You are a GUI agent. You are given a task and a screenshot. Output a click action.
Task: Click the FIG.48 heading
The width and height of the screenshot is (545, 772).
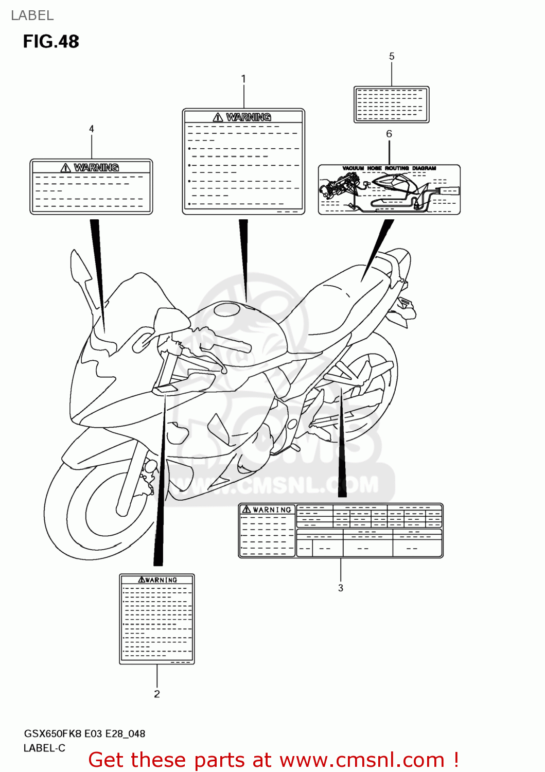(51, 42)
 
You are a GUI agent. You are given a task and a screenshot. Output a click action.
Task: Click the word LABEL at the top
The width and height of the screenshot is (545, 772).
(32, 15)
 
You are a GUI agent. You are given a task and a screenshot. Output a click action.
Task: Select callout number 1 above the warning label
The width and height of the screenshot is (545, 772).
(243, 79)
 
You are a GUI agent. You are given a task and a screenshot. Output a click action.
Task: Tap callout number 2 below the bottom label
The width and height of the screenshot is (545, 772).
(157, 694)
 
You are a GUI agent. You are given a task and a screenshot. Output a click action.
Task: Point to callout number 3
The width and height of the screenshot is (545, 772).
(340, 588)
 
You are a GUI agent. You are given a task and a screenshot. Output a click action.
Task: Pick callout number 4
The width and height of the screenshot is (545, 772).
(92, 129)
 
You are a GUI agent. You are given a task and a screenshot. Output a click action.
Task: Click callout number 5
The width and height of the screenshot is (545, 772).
(392, 56)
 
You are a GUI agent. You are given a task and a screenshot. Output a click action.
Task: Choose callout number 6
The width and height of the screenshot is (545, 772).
(389, 134)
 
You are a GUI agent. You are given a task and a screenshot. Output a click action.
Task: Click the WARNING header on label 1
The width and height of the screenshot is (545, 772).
(243, 117)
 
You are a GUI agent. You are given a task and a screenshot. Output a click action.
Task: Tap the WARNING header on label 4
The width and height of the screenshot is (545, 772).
(91, 168)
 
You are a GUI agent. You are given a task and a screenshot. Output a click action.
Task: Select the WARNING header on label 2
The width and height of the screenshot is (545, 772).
(157, 580)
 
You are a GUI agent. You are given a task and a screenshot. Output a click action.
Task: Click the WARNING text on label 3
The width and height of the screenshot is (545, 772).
(267, 510)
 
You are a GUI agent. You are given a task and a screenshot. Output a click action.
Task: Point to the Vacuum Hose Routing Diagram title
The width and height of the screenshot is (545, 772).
(389, 168)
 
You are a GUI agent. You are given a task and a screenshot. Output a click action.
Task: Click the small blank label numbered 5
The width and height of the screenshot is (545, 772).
(391, 104)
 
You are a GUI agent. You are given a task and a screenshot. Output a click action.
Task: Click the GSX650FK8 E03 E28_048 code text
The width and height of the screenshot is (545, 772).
(84, 733)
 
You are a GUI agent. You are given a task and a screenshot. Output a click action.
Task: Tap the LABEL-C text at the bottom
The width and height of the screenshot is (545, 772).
(44, 748)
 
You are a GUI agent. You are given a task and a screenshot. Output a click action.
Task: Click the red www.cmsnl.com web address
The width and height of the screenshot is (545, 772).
(361, 760)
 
